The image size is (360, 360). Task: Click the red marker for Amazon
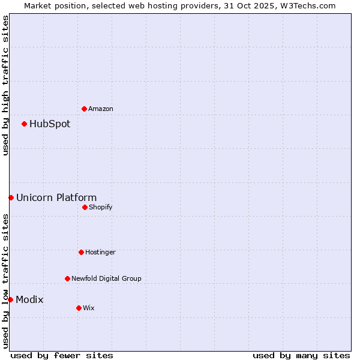coord(84,109)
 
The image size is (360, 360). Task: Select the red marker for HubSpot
coord(24,124)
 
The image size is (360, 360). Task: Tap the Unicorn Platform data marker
coord(11,197)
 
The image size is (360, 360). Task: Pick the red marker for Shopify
coord(85,207)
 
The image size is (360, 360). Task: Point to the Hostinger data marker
coord(81,252)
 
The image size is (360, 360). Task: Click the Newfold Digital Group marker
coord(67,278)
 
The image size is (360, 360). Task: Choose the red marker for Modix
coord(10,299)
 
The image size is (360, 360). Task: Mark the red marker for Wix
coord(79,308)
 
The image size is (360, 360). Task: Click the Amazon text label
coord(101,109)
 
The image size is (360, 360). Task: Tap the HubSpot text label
coord(50,124)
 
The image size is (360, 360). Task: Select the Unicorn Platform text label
coord(56,198)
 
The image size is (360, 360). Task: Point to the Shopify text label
coord(101,207)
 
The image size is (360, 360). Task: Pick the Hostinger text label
coord(100,252)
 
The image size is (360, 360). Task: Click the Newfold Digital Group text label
coord(106,278)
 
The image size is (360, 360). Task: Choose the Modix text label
coord(29,300)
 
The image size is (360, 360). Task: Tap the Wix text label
coord(89,308)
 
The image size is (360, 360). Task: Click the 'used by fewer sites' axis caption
coord(62,355)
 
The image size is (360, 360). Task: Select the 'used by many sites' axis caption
coord(301,355)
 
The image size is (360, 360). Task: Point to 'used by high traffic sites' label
coord(5,85)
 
